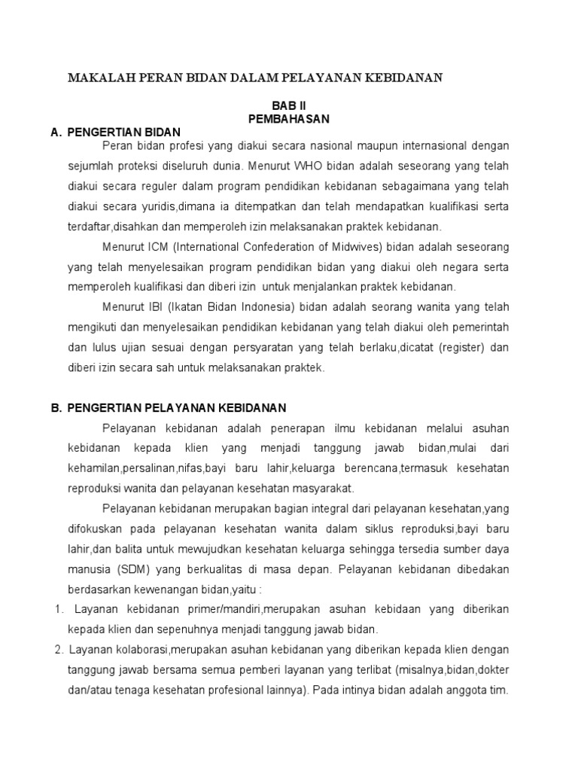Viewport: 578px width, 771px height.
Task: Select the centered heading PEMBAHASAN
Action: [289, 119]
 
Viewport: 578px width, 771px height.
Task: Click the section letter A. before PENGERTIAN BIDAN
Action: [56, 132]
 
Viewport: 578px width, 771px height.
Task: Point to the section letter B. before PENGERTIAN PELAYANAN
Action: [56, 408]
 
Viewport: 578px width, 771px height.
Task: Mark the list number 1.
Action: [58, 608]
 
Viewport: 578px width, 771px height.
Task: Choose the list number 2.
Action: [58, 649]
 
